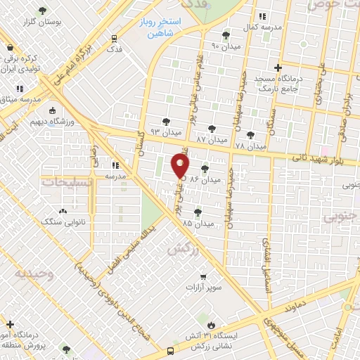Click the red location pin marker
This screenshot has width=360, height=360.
tap(181, 166)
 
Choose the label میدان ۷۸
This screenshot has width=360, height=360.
tap(251, 146)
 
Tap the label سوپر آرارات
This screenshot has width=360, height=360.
tap(202, 287)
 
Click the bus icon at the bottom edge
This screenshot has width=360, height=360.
tap(170, 352)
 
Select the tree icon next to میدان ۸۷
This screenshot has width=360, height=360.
tap(212, 129)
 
